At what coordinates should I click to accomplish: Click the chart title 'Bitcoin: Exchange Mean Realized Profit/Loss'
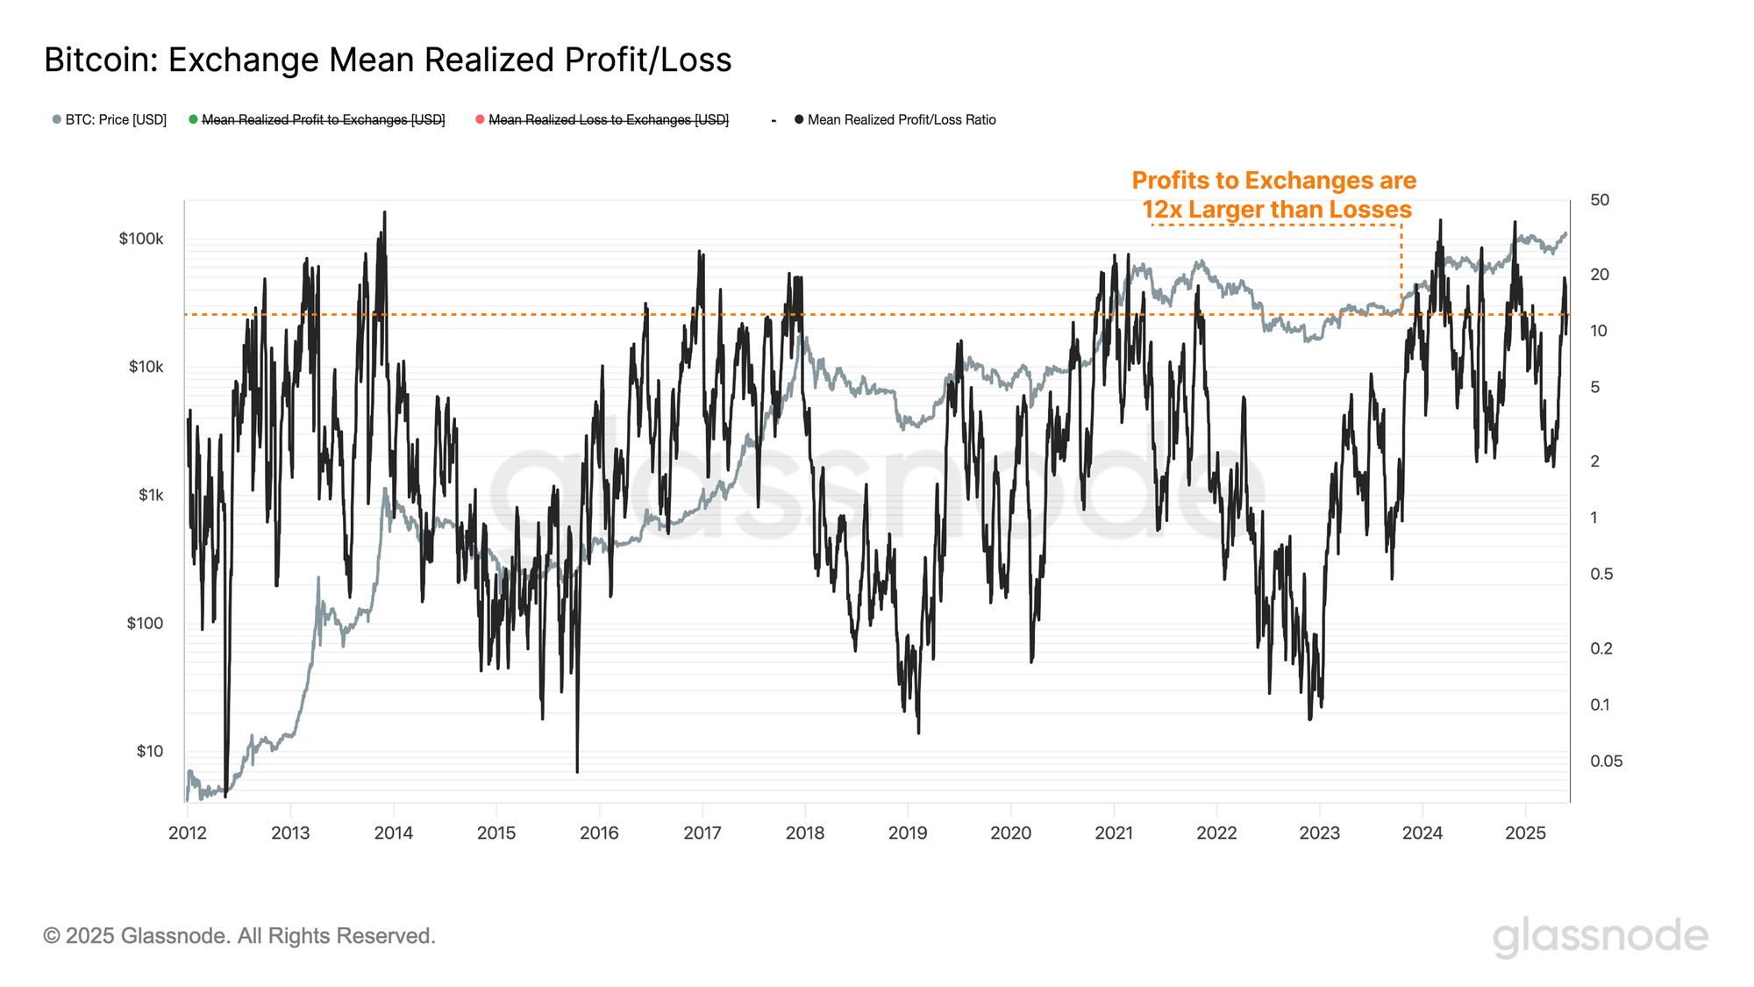tap(388, 60)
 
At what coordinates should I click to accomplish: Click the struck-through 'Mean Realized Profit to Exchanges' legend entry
tap(323, 120)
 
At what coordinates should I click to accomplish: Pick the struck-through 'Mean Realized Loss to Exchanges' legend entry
tap(608, 120)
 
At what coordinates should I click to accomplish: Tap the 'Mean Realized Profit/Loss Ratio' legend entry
tap(901, 120)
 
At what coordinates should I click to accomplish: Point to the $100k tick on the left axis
tap(141, 239)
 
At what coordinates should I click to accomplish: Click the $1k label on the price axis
tap(151, 495)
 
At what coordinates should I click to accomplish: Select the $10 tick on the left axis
tap(149, 751)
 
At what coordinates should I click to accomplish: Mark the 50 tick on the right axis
tap(1600, 200)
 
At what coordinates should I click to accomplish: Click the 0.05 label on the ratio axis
tap(1606, 762)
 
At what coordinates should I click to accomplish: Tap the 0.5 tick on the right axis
tap(1601, 574)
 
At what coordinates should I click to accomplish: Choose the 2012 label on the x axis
tap(187, 833)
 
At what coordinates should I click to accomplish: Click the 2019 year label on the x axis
tap(908, 833)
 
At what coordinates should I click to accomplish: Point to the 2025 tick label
tap(1525, 833)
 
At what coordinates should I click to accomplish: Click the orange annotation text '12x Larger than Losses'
tap(1276, 210)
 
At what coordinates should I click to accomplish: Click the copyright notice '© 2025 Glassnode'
tap(239, 936)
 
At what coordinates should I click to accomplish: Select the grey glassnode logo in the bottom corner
tap(1600, 936)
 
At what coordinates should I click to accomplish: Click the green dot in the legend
tap(193, 119)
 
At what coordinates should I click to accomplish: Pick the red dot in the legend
tap(480, 119)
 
